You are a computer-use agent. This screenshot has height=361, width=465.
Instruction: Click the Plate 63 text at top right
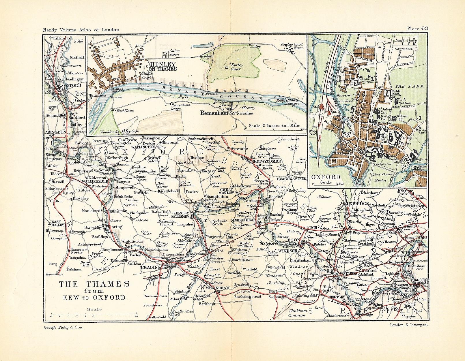417,28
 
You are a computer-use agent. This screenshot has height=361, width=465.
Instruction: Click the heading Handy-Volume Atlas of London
81,29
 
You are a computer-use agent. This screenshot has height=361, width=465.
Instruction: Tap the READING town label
150,267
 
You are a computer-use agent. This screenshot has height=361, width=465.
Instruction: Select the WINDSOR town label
287,251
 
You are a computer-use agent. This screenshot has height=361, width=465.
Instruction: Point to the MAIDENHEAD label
243,220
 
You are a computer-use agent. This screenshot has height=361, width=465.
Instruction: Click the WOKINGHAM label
218,288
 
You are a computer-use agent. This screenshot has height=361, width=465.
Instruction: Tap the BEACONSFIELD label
291,179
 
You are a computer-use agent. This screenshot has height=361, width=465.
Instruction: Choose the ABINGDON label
55,132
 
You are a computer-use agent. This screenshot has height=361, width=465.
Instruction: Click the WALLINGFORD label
94,182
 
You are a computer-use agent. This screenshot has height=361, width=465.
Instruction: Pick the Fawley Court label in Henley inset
236,67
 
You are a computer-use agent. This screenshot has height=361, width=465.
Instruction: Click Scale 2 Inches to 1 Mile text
274,126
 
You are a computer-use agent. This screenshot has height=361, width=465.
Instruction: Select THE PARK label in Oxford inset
409,86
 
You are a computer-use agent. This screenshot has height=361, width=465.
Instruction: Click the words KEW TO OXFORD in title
94,298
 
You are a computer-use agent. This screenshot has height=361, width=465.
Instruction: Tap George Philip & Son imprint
64,327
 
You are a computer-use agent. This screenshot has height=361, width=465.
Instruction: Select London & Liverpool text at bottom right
410,325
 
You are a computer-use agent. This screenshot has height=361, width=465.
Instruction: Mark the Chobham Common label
297,313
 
